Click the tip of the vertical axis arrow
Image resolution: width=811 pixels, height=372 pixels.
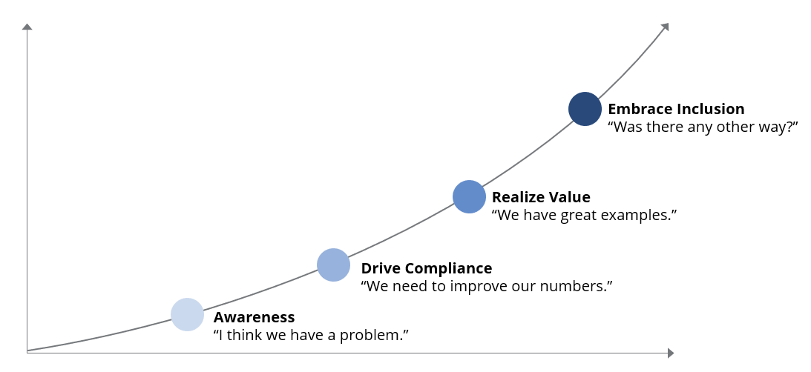point(27,23)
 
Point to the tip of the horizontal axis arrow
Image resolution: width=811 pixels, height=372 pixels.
point(674,353)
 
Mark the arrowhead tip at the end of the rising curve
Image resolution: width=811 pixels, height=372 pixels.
point(669,23)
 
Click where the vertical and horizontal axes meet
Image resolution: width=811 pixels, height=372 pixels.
point(27,353)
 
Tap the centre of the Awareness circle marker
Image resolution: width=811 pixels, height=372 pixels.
point(187,314)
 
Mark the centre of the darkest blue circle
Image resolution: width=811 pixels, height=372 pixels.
point(585,108)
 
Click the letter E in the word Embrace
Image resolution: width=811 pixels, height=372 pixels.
point(612,109)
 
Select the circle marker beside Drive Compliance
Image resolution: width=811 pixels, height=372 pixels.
point(334,265)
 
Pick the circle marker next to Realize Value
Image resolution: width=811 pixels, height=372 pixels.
point(469,196)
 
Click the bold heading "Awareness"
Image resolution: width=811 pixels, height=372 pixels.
point(254,316)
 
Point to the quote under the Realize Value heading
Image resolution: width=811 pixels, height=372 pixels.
point(585,215)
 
